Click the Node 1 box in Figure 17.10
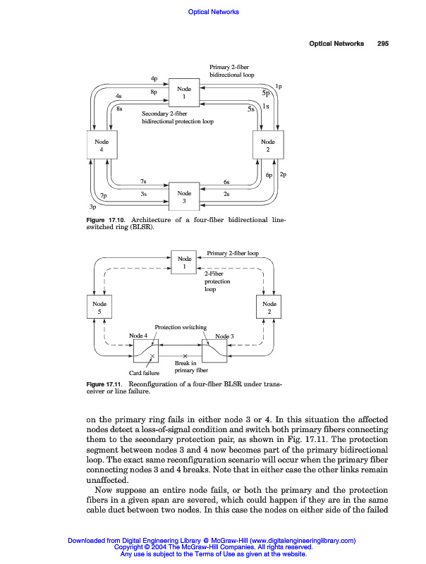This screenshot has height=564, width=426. pos(184,93)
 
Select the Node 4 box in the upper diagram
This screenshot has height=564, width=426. pos(102,146)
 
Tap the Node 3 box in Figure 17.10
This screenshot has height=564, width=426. pos(184,197)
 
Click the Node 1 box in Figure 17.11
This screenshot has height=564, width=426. pos(184,263)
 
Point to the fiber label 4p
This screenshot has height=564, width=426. pos(154,78)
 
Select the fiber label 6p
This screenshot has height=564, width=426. pos(269,174)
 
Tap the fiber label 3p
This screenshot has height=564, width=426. pos(92,207)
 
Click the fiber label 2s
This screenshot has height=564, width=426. pos(226,193)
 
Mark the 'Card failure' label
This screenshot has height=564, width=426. pos(144,372)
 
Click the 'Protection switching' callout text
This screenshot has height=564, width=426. pos(181,327)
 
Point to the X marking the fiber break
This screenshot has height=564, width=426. pos(185,356)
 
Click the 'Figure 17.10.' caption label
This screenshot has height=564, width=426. pos(105,221)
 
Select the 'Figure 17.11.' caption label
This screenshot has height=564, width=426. pos(105,384)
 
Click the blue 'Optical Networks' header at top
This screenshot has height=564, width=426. pos(214,11)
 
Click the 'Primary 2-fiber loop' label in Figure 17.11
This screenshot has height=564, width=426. pos(233,252)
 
